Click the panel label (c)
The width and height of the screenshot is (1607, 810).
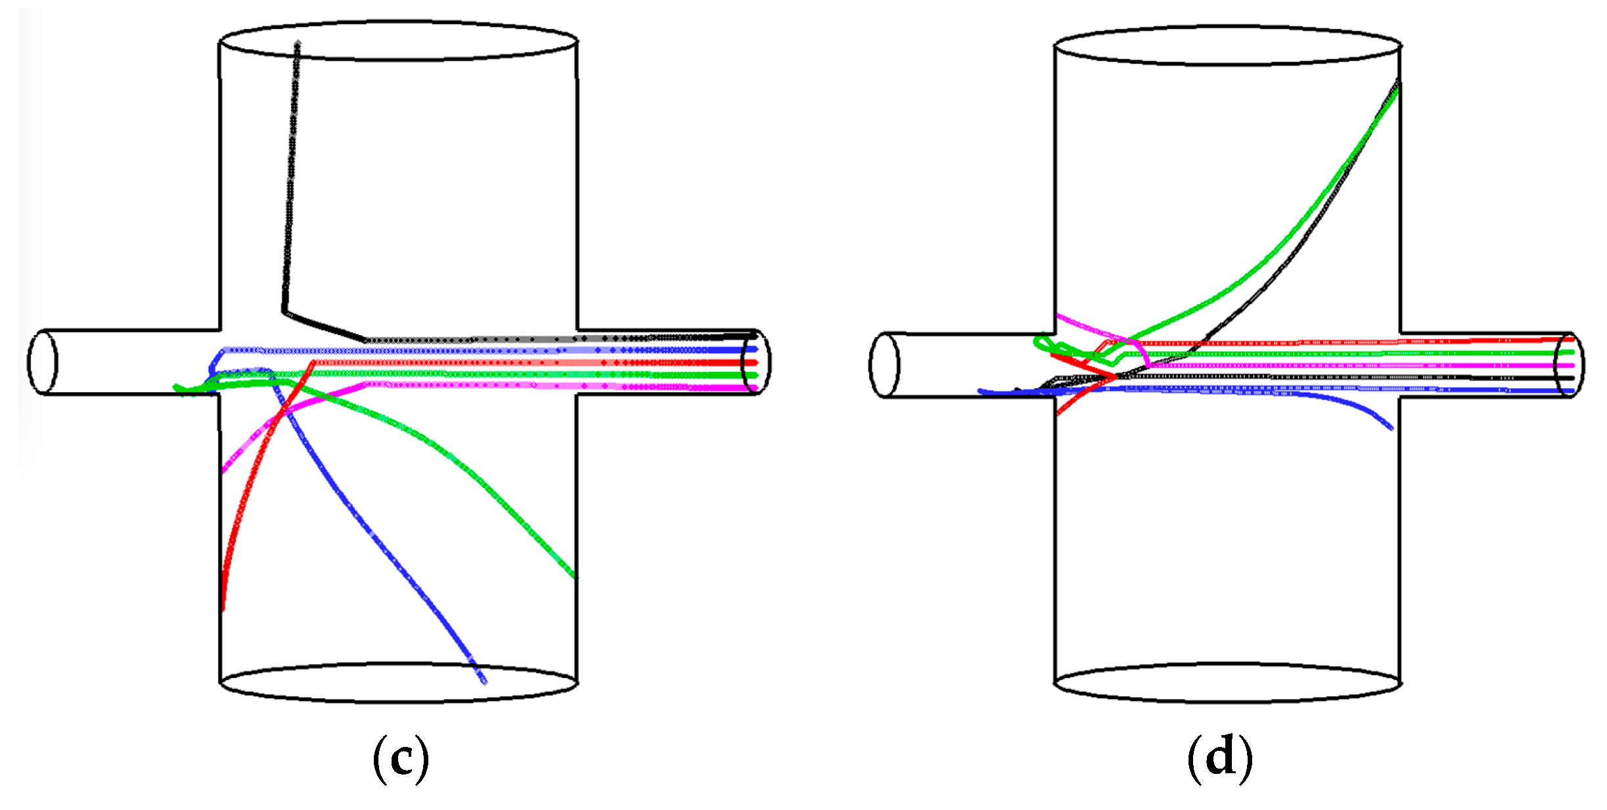[x=401, y=759]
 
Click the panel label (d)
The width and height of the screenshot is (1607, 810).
[x=1219, y=759]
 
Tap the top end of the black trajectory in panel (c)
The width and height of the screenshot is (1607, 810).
[x=298, y=45]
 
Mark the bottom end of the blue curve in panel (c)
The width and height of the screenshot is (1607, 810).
[x=484, y=681]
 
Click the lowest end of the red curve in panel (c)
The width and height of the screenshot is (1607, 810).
[x=223, y=608]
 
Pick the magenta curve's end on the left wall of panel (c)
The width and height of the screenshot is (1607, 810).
[x=224, y=470]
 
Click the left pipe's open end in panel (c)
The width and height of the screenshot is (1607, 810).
[x=42, y=362]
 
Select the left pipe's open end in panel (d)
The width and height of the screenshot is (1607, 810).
[x=884, y=365]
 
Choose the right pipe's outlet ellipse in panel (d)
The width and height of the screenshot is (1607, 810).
[x=1569, y=365]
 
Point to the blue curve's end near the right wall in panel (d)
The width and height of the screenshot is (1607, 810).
[x=1391, y=428]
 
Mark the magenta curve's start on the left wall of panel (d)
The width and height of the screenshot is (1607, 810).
[x=1058, y=317]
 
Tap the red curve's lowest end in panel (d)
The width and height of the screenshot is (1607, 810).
[x=1058, y=414]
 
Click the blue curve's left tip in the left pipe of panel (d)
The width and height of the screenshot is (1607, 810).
[x=980, y=392]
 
